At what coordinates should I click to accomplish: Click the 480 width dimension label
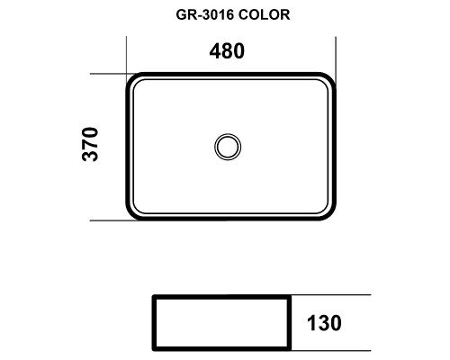pos(227,51)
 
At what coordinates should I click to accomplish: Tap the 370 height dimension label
pos(90,145)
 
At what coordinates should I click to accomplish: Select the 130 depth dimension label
pos(324,323)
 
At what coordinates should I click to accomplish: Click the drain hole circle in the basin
pos(228,147)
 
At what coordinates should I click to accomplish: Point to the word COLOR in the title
pos(265,14)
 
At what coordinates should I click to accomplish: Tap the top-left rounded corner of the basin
pos(131,78)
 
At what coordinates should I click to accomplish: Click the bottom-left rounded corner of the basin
pos(131,215)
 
